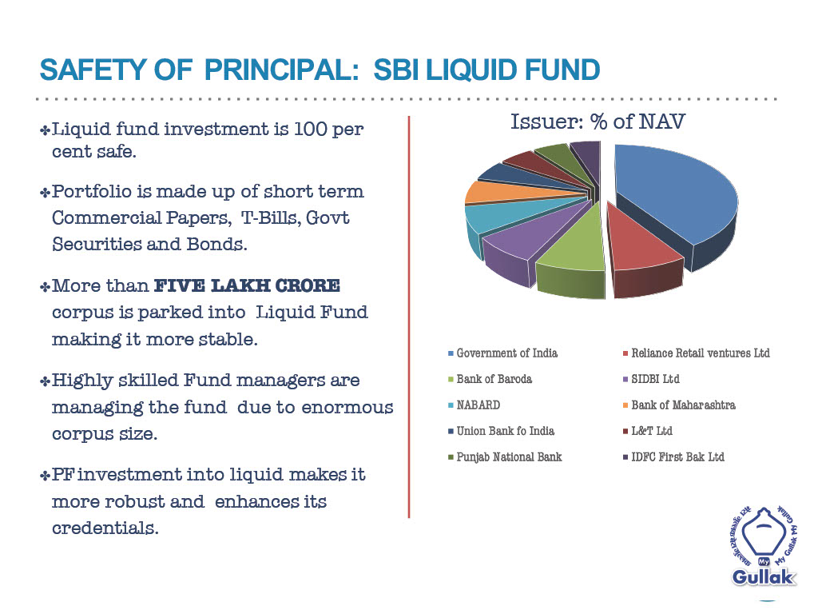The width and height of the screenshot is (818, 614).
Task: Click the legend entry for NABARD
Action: point(474,405)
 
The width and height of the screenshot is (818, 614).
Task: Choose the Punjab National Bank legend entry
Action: point(505,457)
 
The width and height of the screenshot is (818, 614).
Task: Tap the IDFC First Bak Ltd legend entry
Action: point(673,457)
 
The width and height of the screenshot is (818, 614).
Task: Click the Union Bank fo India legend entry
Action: point(501,431)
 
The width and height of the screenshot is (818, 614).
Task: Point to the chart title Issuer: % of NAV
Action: point(598,122)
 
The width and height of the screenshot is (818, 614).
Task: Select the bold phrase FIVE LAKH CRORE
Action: point(248,285)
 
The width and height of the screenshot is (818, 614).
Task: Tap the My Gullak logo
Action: point(764,546)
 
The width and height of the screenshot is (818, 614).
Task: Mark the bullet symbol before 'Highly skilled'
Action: point(45,381)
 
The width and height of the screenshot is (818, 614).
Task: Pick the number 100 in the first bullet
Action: point(310,129)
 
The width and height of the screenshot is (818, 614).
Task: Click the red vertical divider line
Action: point(409,317)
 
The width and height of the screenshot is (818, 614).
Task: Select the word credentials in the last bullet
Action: point(105,528)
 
